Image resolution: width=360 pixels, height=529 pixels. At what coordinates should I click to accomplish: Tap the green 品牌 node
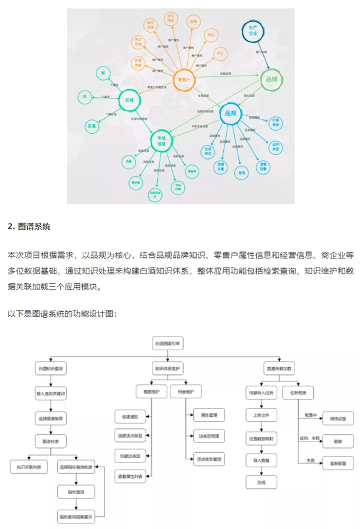270,79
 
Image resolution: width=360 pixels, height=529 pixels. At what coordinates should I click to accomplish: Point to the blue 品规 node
230,112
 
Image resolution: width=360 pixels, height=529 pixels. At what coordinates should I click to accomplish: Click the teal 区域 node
128,101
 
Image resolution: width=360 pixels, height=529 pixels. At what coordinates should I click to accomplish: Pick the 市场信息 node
161,140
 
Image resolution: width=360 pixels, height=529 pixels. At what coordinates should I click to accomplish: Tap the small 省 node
103,73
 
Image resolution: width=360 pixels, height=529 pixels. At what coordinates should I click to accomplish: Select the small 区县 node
92,127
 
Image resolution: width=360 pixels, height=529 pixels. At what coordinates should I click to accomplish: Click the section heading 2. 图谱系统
29,227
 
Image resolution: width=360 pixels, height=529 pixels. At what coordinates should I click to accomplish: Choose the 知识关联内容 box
29,465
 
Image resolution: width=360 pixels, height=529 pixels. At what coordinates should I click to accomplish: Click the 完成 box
261,482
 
